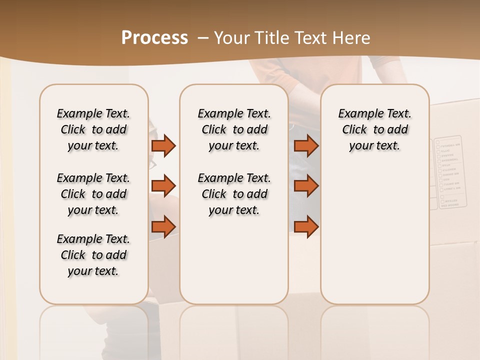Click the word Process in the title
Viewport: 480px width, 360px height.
tap(154, 38)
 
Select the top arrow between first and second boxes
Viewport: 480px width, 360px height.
tap(163, 146)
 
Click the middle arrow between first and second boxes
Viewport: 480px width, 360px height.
tap(163, 186)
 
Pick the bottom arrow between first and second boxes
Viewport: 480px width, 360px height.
tap(163, 226)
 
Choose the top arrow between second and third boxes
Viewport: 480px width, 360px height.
tap(306, 146)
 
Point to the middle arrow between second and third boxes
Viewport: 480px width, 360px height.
tap(306, 186)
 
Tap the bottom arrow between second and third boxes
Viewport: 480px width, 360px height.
tap(306, 226)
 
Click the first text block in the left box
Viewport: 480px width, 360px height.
tap(93, 129)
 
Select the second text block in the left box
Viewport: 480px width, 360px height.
tap(93, 194)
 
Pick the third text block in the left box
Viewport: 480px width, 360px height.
tap(93, 255)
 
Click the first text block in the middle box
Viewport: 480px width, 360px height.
tap(234, 129)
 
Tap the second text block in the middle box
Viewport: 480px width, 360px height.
tap(234, 194)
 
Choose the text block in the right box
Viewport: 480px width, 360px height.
tap(375, 129)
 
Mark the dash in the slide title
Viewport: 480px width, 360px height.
tap(203, 38)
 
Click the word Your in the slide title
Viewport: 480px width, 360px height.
tap(231, 38)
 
